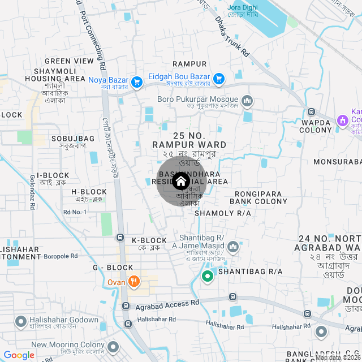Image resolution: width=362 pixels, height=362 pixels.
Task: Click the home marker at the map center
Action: click(x=180, y=182)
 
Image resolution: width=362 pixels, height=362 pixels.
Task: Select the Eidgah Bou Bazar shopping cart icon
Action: click(x=219, y=78)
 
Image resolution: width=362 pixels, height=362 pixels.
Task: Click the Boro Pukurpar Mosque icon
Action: click(x=247, y=101)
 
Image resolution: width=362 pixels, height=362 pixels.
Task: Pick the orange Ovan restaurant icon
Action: click(x=133, y=281)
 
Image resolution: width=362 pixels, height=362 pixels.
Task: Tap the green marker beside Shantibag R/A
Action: click(x=208, y=277)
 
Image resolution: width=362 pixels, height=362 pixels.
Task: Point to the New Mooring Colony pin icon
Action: click(x=114, y=346)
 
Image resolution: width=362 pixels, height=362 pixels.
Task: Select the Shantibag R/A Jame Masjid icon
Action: click(x=234, y=247)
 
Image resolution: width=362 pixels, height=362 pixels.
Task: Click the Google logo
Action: click(x=19, y=355)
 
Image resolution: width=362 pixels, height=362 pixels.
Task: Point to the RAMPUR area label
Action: click(x=189, y=64)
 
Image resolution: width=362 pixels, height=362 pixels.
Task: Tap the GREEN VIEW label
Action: click(x=69, y=61)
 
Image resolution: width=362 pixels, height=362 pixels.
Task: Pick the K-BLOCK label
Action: click(x=149, y=240)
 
